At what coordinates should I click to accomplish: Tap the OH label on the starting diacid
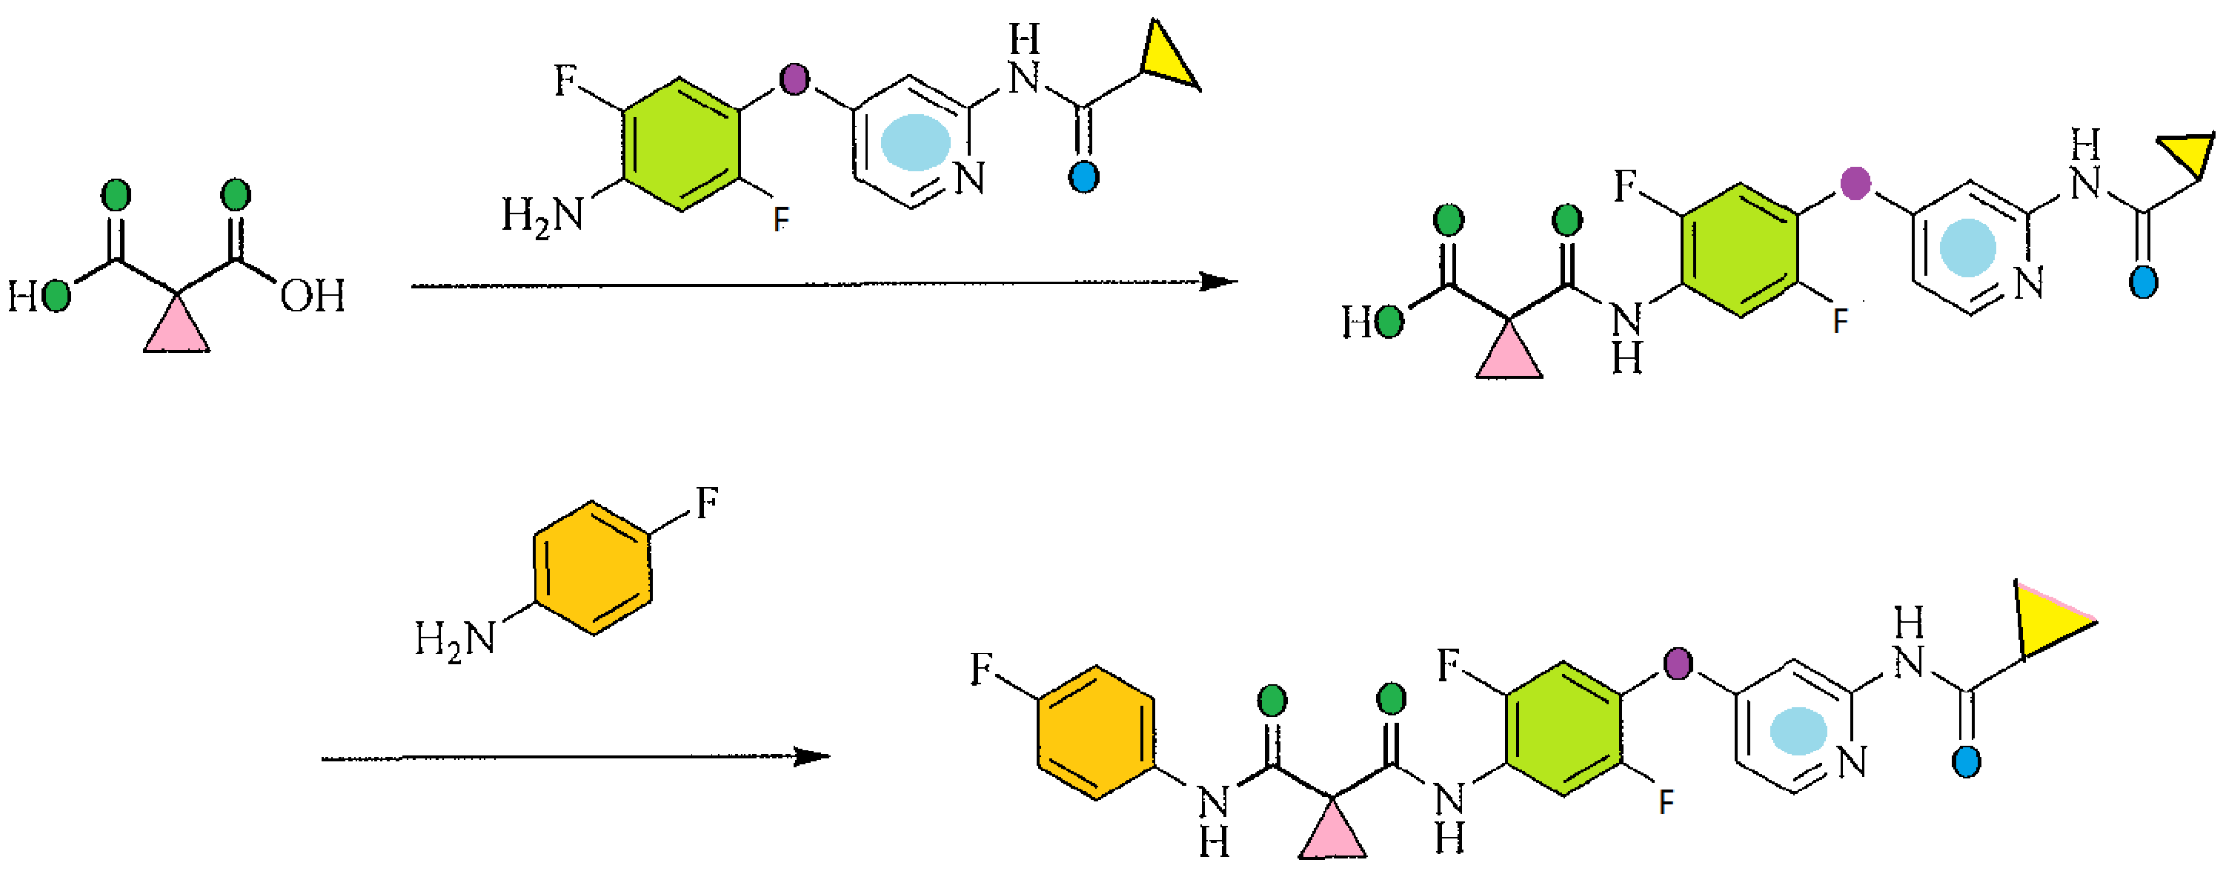coord(313,296)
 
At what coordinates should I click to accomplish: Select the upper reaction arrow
coord(824,283)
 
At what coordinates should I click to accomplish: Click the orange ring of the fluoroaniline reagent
coord(592,568)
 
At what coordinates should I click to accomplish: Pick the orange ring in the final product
coord(1096,733)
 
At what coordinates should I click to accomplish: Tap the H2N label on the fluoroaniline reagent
coord(456,640)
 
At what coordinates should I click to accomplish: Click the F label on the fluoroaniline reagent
coord(707,503)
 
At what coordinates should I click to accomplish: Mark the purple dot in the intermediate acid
coord(1855,183)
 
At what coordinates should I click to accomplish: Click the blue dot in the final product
coord(1966,761)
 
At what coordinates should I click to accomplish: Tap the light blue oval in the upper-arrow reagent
coord(914,142)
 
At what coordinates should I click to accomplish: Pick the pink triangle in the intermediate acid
coord(1509,357)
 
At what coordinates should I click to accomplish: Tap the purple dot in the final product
coord(1678,663)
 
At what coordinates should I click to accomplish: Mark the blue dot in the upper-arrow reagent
coord(1083,177)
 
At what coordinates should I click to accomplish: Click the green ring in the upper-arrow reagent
coord(682,145)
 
